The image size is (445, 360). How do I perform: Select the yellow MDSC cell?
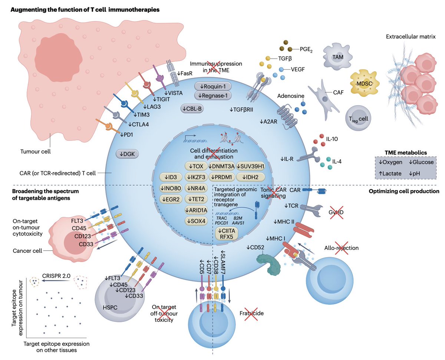[x=365, y=83]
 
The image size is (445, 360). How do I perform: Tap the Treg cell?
[x=358, y=118]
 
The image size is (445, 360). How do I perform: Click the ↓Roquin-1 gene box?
[x=213, y=86]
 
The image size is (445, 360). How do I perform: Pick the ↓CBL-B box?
[x=192, y=109]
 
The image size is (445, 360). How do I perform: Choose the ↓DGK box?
[x=127, y=154]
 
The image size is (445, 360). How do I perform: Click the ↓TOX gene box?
[x=196, y=166]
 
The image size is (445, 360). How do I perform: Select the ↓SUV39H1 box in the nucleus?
[x=250, y=166]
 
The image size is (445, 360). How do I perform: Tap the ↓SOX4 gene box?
[x=196, y=221]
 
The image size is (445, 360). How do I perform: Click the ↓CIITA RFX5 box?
[x=227, y=234]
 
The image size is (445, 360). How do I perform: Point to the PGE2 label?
[x=306, y=49]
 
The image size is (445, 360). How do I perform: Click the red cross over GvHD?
[x=336, y=212]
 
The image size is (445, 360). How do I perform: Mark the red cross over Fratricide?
[x=251, y=314]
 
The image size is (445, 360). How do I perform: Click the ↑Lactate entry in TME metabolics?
[x=390, y=173]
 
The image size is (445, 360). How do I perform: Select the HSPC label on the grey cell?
[x=110, y=307]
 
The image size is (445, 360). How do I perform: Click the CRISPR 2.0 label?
[x=56, y=276]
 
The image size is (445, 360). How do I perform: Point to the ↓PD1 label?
[x=126, y=135]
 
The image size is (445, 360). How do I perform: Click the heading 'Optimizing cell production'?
[x=404, y=191]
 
